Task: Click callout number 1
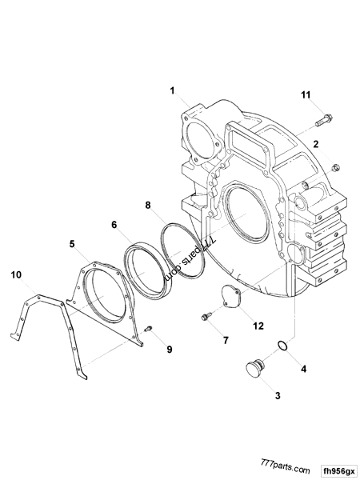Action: (171, 93)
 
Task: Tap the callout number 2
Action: (316, 145)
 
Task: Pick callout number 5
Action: (72, 242)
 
